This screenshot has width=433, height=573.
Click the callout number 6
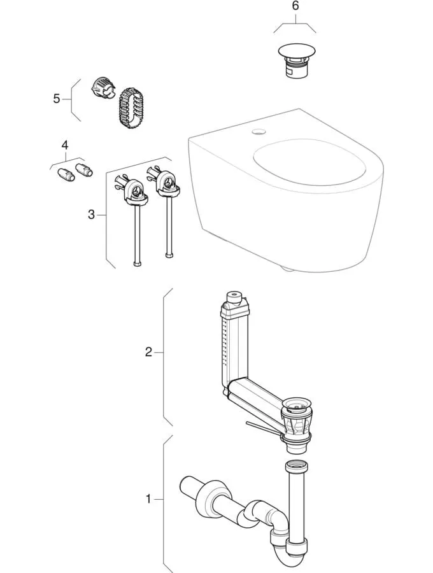click(x=294, y=6)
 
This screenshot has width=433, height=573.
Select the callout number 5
click(x=56, y=99)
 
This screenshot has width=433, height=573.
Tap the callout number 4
click(x=64, y=146)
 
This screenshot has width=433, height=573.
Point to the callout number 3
click(x=91, y=215)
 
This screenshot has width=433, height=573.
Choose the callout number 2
click(x=148, y=352)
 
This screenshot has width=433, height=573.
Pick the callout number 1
click(x=148, y=499)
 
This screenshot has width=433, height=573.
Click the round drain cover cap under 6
click(x=294, y=51)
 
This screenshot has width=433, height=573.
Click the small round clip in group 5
click(x=103, y=87)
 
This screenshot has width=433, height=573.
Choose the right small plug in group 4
click(x=83, y=169)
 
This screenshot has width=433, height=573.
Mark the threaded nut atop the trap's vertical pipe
click(x=297, y=467)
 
